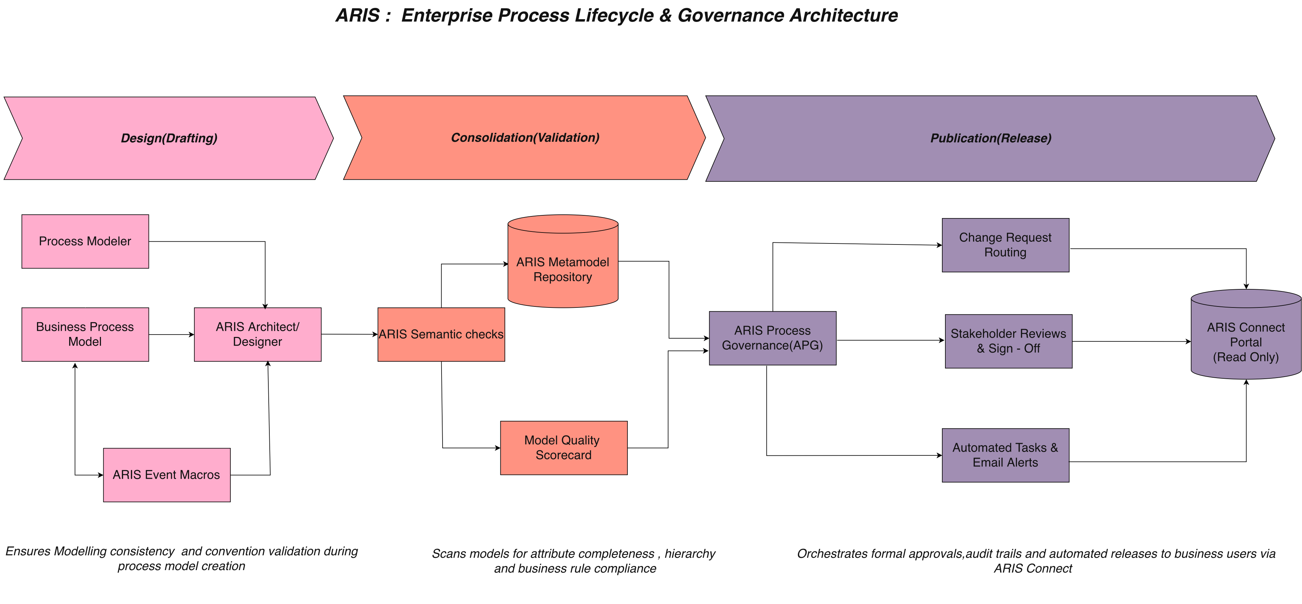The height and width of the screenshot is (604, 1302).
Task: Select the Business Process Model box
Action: pyautogui.click(x=85, y=335)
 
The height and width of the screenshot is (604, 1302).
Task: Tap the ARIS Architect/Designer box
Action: pyautogui.click(x=258, y=335)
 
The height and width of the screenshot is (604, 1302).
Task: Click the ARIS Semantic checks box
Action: pyautogui.click(x=441, y=335)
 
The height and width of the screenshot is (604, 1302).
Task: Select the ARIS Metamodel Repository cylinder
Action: pyautogui.click(x=563, y=261)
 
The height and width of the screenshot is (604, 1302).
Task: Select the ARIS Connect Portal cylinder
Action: pyautogui.click(x=1246, y=334)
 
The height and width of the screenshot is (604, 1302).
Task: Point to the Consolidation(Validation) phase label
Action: pyautogui.click(x=525, y=138)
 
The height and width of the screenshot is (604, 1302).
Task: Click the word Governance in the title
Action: pyautogui.click(x=730, y=16)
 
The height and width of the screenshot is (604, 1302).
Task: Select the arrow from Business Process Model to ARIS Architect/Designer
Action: pyautogui.click(x=172, y=335)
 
